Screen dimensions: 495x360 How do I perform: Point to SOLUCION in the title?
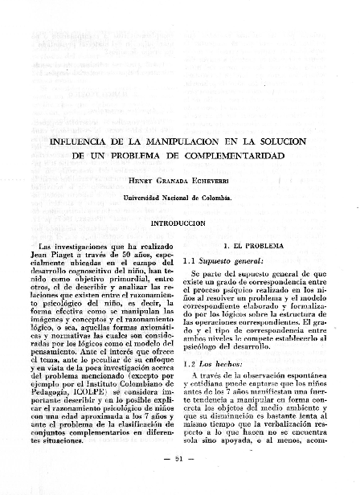click(286, 141)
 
